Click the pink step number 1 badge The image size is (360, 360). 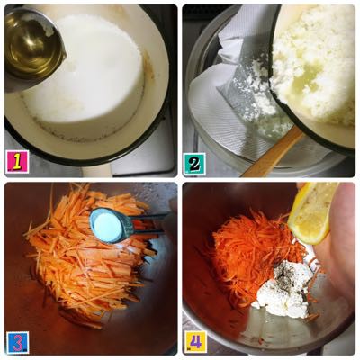[x=17, y=162]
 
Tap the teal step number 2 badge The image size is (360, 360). [x=194, y=164]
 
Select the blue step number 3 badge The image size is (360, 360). [x=17, y=342]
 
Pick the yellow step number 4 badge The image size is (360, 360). [x=195, y=342]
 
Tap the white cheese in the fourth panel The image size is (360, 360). [x=285, y=290]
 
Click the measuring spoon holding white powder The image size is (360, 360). [x=111, y=225]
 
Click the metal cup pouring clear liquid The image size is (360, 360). [x=33, y=48]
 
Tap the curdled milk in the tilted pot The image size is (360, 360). [x=315, y=66]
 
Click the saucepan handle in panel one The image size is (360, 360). [x=96, y=170]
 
